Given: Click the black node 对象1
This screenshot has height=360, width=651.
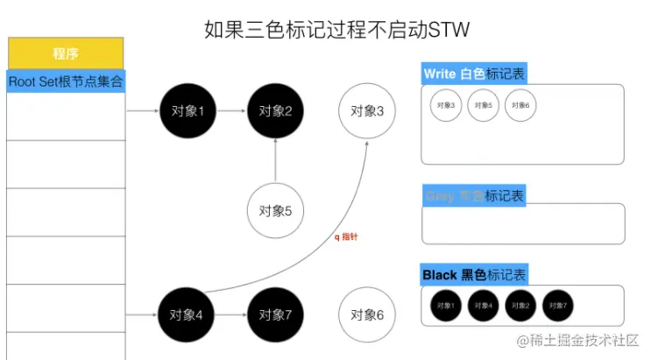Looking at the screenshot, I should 188,111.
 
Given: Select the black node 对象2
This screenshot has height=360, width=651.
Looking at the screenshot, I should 275,111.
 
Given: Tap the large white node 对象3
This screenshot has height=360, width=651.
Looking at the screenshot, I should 367,111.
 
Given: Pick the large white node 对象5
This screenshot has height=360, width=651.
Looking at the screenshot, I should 275,210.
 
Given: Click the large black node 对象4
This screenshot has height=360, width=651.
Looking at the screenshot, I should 187,314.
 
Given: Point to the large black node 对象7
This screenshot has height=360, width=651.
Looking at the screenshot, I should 275,314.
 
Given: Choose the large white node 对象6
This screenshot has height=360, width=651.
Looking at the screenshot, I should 367,314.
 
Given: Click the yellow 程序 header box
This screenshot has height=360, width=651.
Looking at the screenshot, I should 66,53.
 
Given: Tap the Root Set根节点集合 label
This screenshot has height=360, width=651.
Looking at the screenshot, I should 66,81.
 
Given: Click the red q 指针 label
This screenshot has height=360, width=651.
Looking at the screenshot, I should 346,236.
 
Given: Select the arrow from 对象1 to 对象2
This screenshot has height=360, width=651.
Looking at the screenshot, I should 231,111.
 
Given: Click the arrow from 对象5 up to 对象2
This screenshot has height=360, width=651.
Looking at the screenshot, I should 275,160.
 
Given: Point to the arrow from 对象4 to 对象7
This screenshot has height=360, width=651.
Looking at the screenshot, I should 231,314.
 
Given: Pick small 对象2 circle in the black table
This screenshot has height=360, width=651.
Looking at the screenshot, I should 520,305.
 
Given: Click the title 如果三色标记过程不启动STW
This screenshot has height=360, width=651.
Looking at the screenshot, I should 325,30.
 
